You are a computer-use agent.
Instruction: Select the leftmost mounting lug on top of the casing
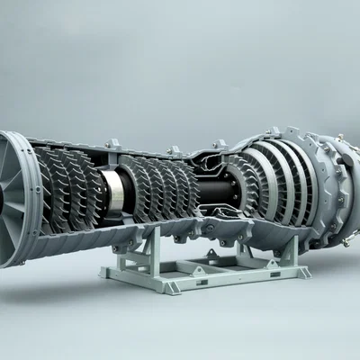(x=112, y=143)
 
